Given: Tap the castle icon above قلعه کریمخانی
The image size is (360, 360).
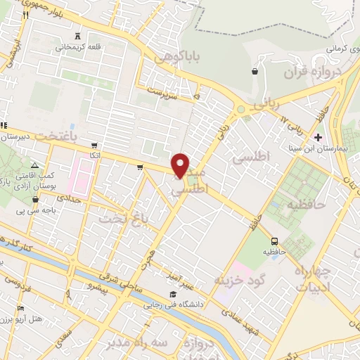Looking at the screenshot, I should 77,37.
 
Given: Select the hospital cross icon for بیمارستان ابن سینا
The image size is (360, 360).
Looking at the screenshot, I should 319,137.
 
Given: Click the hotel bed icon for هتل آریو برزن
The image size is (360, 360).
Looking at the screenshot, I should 20,309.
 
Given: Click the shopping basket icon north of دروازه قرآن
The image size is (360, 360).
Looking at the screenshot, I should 254,71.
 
